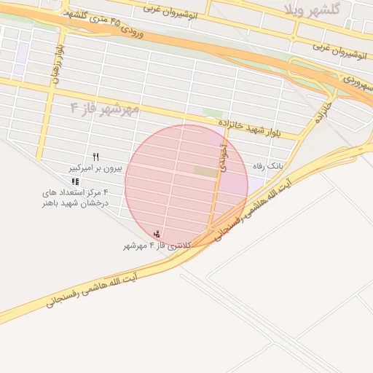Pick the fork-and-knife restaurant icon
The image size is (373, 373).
tap(95, 157)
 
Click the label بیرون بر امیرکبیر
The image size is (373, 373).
tap(95, 168)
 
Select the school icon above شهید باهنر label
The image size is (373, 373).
tap(76, 181)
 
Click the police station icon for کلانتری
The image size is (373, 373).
tap(157, 234)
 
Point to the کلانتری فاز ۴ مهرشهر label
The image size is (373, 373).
tap(157, 246)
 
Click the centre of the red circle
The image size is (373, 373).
tap(186, 186)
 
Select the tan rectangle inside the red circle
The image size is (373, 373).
tap(205, 172)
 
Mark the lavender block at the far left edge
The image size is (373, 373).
tap(22, 52)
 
